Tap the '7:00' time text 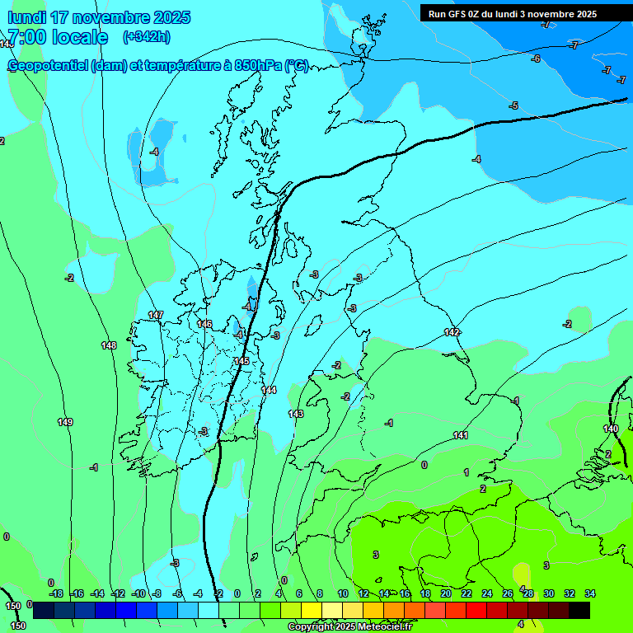25,37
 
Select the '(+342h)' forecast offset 146,36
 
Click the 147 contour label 156,316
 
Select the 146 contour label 204,324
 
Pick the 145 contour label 241,361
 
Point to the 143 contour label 296,413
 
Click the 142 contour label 452,332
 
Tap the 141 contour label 461,435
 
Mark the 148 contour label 109,345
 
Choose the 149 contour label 65,422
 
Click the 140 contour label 611,429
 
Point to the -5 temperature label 513,105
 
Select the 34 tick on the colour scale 590,593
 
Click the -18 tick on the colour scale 56,593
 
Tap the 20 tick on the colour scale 445,593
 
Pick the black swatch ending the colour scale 579,610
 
